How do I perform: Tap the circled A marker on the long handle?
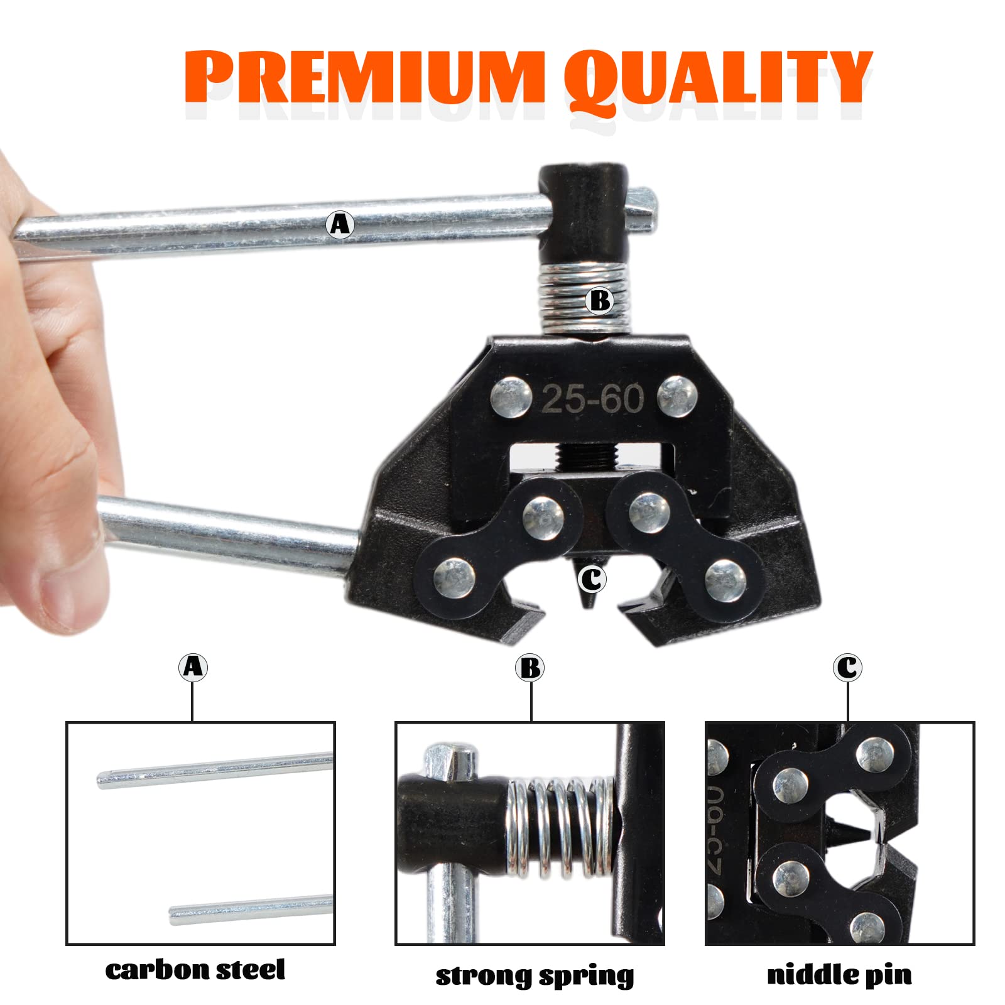coord(340,224)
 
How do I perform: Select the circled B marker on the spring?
coord(599,301)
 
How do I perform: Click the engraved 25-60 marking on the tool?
coord(592,398)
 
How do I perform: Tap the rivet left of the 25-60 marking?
coord(511,397)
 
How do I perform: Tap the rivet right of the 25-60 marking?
coord(678,396)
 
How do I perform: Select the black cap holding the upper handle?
coord(582,214)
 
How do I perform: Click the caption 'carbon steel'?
coord(195,969)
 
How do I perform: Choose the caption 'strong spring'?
coord(535,975)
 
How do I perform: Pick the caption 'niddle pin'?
coord(839,974)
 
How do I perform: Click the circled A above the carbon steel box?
coord(193,666)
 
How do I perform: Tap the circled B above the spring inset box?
coord(531,668)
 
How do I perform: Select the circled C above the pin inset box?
coord(848,667)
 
